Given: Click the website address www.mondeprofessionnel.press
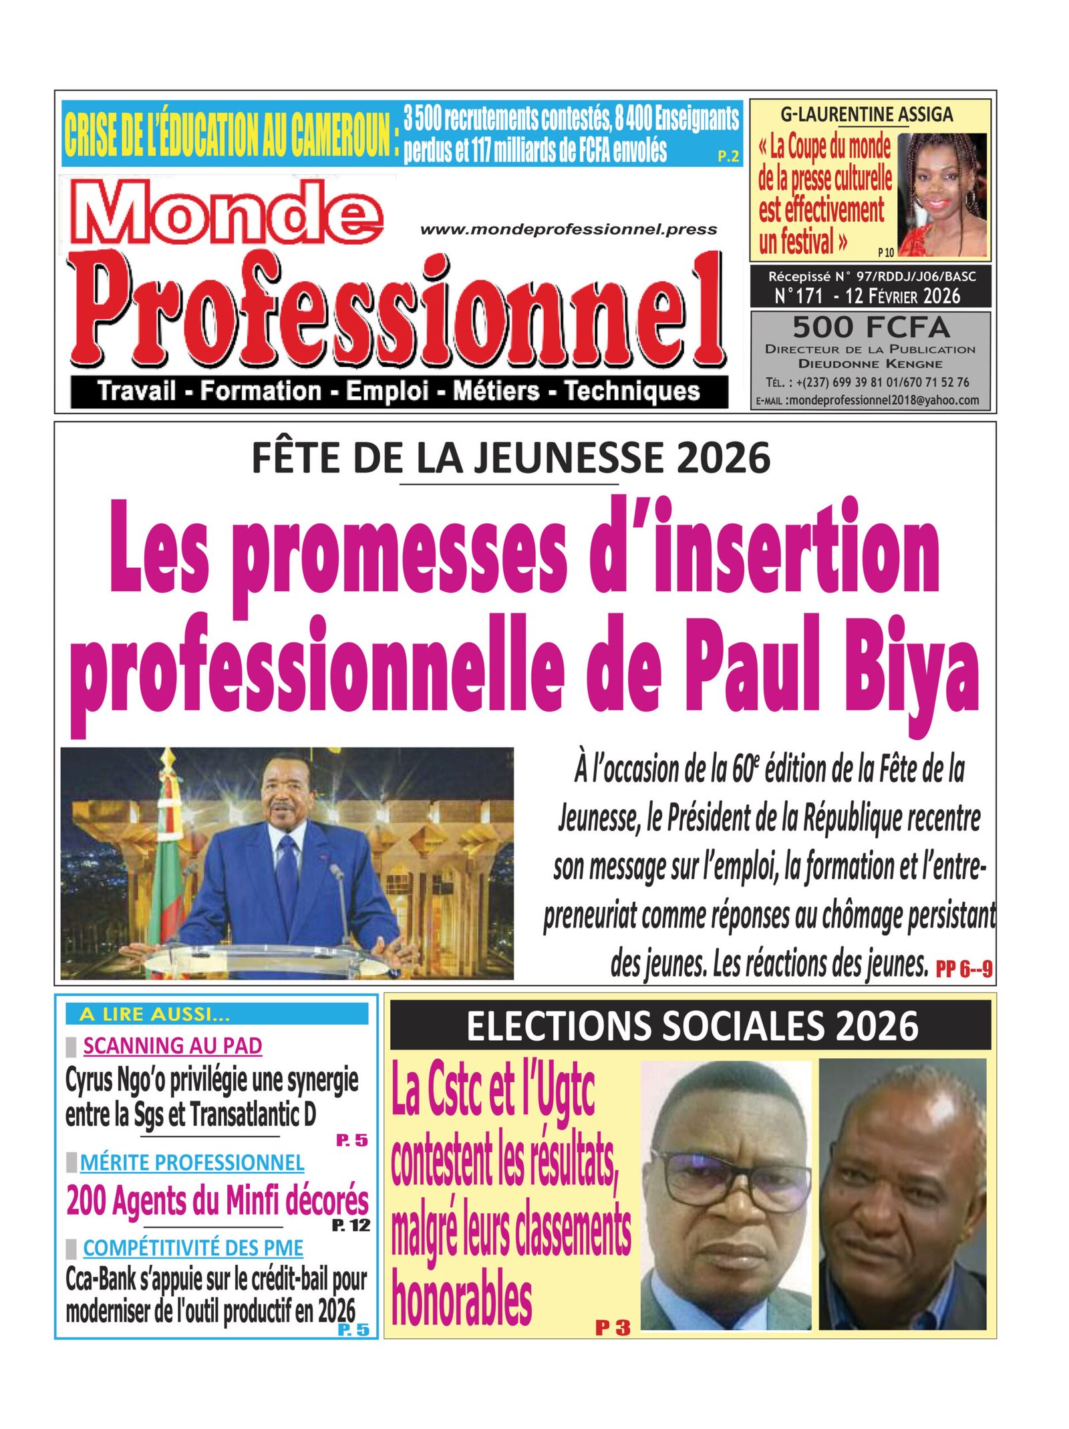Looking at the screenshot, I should coord(569,230).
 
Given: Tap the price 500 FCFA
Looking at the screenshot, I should coord(870,327).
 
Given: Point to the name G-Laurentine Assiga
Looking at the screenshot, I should coord(867,115).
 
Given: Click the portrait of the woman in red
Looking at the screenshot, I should coord(941,194).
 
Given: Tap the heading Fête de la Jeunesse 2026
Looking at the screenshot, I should coord(511,458).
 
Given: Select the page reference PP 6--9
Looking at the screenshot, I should coord(963,968).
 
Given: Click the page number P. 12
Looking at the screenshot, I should coord(351,1225).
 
